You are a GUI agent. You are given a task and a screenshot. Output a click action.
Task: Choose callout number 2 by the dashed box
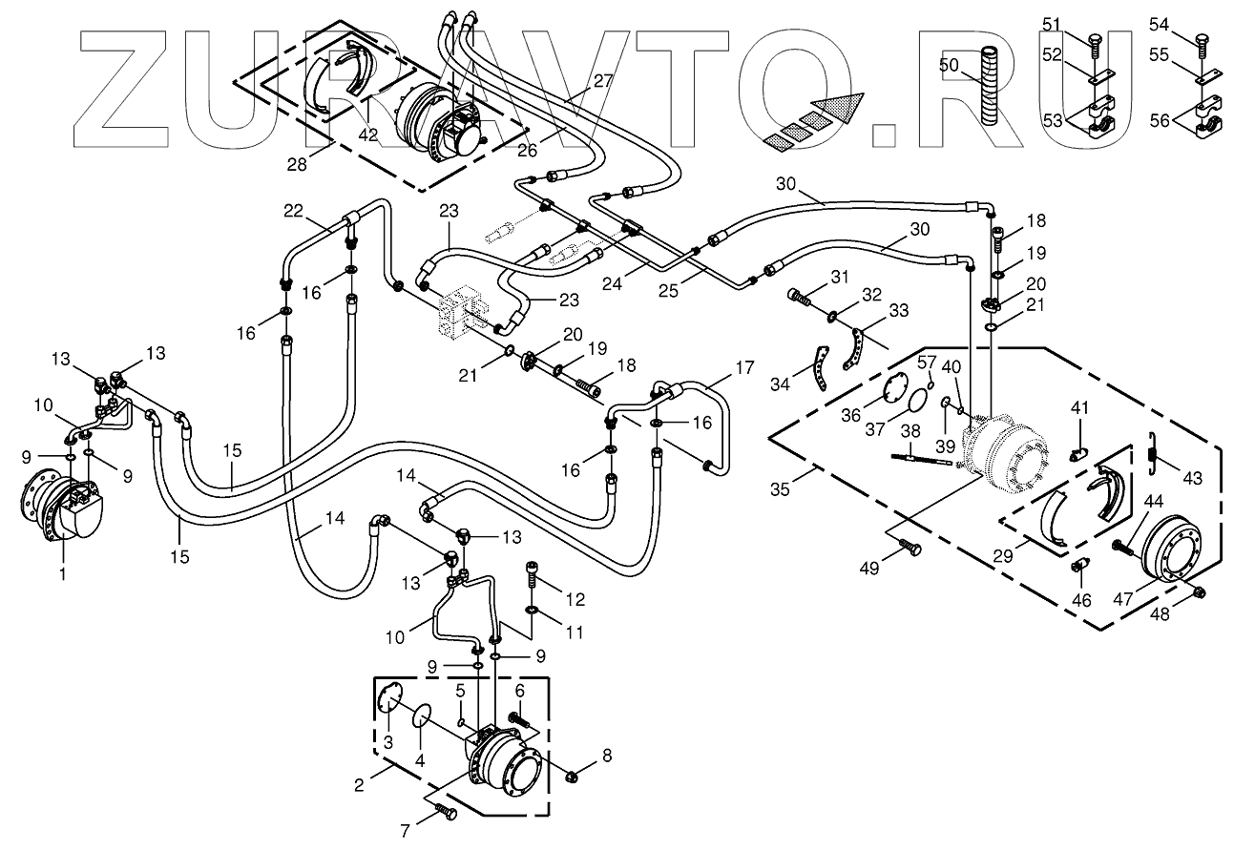(x=359, y=785)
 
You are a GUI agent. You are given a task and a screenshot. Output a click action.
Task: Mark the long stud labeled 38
(x=925, y=460)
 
